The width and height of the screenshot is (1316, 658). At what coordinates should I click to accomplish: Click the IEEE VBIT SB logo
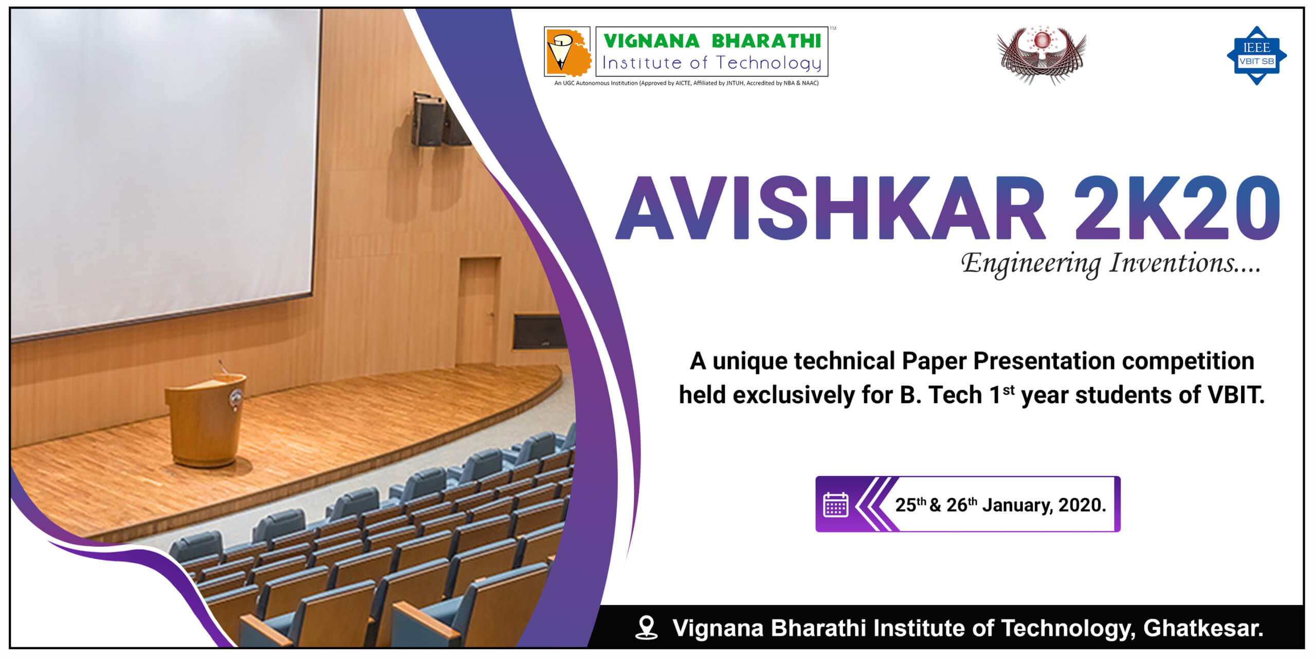pos(1256,56)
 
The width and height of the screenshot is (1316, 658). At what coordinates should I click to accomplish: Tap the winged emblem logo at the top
pos(1041,55)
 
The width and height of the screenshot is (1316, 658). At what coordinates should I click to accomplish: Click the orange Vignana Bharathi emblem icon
pos(568,52)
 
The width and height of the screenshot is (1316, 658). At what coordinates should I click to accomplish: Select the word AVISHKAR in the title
pos(831,208)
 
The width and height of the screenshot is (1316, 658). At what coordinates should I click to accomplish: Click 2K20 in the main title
pos(1177,208)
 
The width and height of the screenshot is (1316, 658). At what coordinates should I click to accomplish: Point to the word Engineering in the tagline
pos(1031,264)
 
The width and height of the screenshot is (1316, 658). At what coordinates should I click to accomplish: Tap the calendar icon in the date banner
pos(835,504)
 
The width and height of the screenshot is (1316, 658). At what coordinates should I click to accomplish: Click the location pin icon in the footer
pos(646,628)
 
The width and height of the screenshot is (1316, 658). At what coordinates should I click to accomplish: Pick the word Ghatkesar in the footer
pos(1203,628)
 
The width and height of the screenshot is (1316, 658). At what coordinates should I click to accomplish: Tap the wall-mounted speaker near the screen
pos(428,120)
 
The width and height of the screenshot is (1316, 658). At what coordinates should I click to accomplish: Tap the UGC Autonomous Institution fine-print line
pos(686,83)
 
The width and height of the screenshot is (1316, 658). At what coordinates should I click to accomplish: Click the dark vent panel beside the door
pos(538,332)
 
